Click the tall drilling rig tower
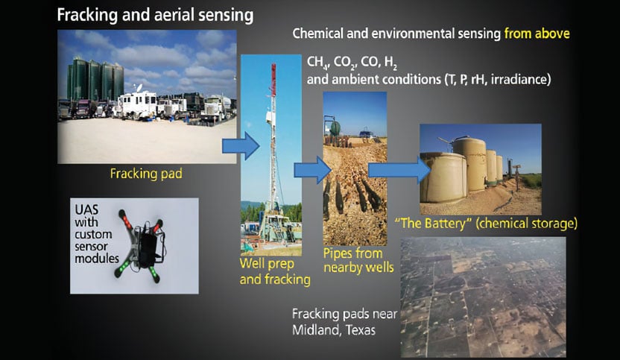pyautogui.click(x=272, y=134)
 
